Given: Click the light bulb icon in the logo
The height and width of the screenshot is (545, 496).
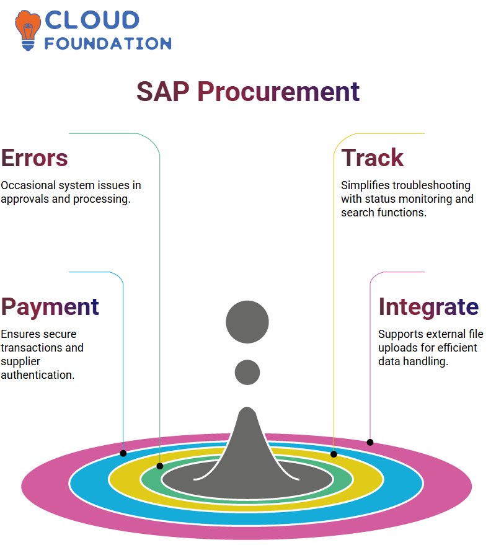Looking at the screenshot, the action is (27, 30).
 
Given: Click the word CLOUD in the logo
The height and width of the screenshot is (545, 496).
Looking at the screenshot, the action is (92, 20).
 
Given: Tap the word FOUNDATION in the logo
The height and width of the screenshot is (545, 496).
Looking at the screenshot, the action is (108, 43).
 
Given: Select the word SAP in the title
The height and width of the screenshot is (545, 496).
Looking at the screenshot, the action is (163, 91).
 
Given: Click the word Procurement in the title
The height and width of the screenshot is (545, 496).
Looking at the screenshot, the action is (278, 91).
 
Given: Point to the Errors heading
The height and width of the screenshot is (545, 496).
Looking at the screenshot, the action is (34, 158).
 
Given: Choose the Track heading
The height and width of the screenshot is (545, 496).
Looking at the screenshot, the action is (372, 157).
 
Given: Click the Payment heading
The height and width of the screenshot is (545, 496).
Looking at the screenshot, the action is (50, 308).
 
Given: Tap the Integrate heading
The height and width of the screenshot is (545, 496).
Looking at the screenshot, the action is (428, 308).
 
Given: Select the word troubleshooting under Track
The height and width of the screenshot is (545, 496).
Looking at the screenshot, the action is (431, 185).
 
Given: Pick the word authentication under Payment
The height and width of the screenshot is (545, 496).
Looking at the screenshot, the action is (38, 375).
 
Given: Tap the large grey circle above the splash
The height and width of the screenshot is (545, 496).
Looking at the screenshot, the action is (247, 322).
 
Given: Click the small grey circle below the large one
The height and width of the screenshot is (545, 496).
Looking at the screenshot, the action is (247, 372).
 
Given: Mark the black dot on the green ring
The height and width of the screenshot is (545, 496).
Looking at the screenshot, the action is (160, 466).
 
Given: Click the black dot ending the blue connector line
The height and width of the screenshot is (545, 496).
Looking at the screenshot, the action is (123, 453).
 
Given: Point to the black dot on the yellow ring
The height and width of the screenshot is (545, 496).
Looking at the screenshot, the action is (334, 454).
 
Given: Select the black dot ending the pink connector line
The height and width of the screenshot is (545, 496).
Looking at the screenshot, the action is (370, 442).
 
